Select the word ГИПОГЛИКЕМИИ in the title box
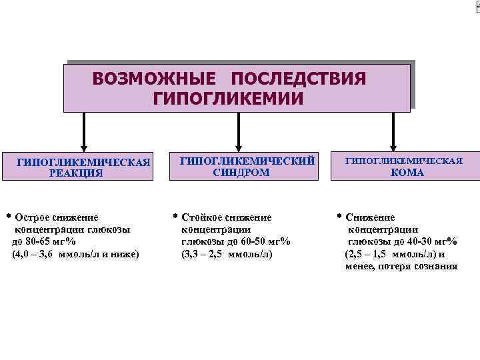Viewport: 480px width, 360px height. pos(228,99)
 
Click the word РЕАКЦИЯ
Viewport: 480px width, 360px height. pos(76,173)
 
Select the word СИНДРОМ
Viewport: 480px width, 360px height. pos(241,172)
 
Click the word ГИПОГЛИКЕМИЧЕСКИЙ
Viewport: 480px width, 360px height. pos(247,161)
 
